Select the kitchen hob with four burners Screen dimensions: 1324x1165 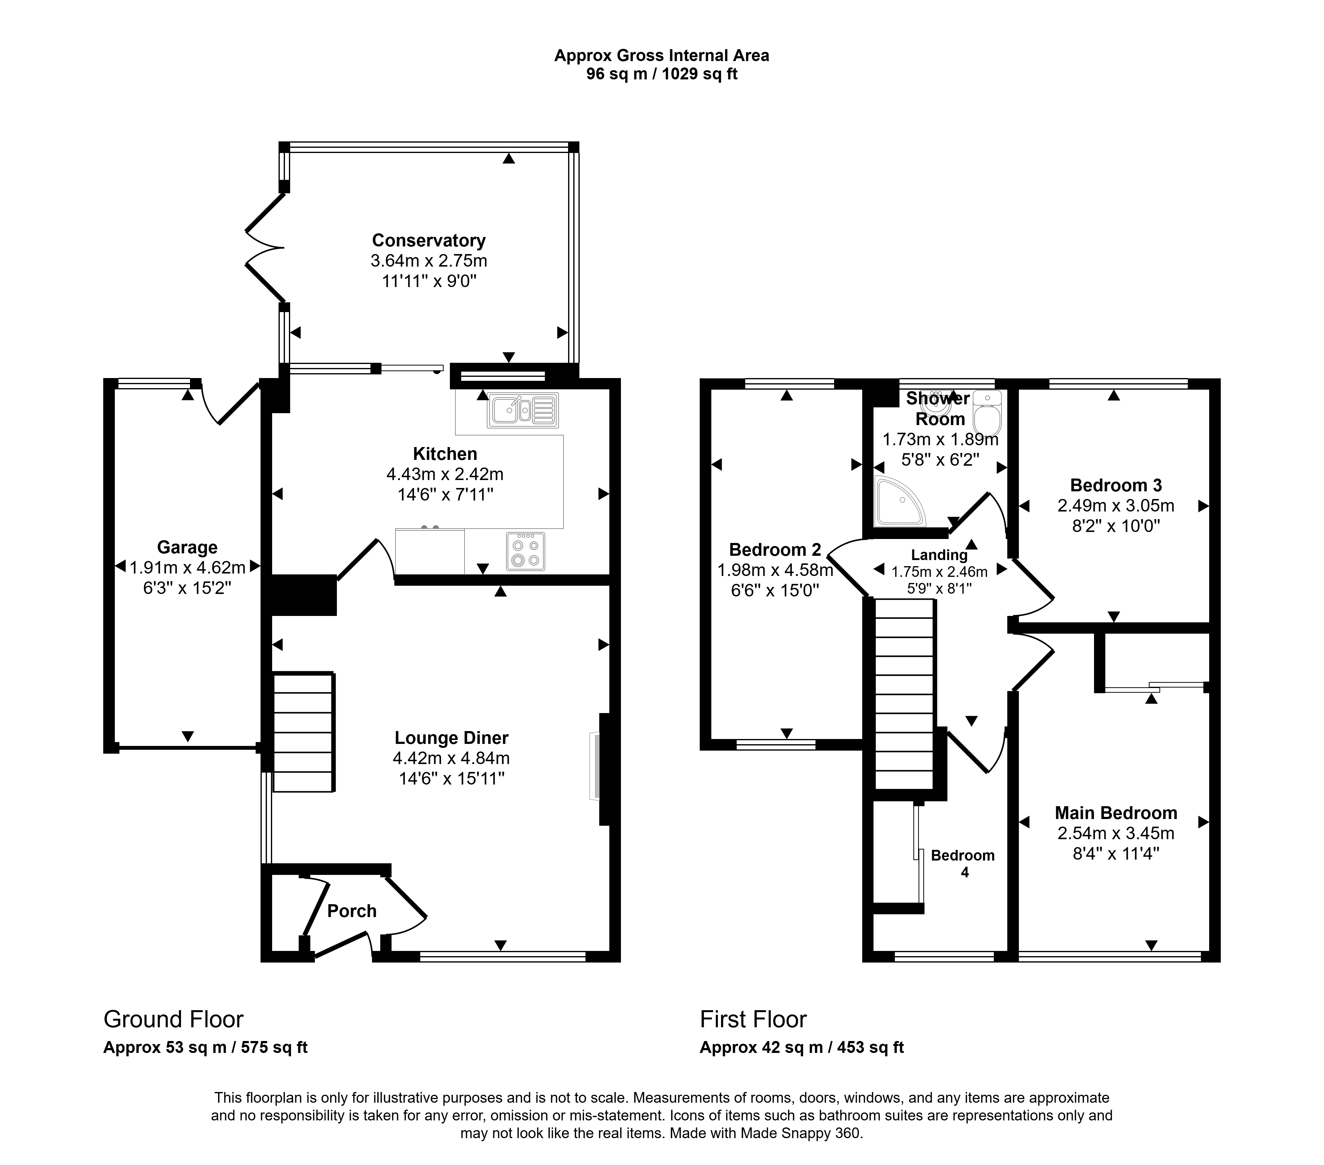pos(525,551)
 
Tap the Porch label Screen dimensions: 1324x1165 pos(352,911)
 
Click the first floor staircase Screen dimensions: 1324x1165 pos(905,694)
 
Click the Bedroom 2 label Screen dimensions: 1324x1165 pos(775,550)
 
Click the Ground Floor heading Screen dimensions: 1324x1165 pos(173,1019)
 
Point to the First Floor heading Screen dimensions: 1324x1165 pos(753,1019)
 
